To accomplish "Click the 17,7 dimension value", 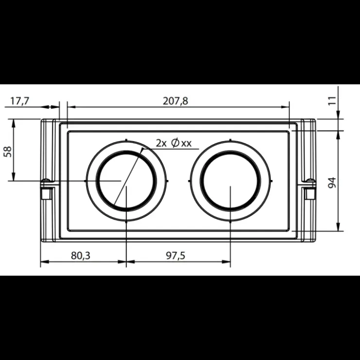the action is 20,101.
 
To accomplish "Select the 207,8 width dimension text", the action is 176,101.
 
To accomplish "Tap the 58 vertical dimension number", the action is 8,151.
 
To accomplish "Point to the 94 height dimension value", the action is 332,183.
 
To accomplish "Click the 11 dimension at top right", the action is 332,101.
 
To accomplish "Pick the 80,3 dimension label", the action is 81,255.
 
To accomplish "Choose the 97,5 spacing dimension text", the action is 176,255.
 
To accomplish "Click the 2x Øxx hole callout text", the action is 174,143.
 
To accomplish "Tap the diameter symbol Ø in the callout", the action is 175,143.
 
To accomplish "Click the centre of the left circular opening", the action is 126,180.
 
